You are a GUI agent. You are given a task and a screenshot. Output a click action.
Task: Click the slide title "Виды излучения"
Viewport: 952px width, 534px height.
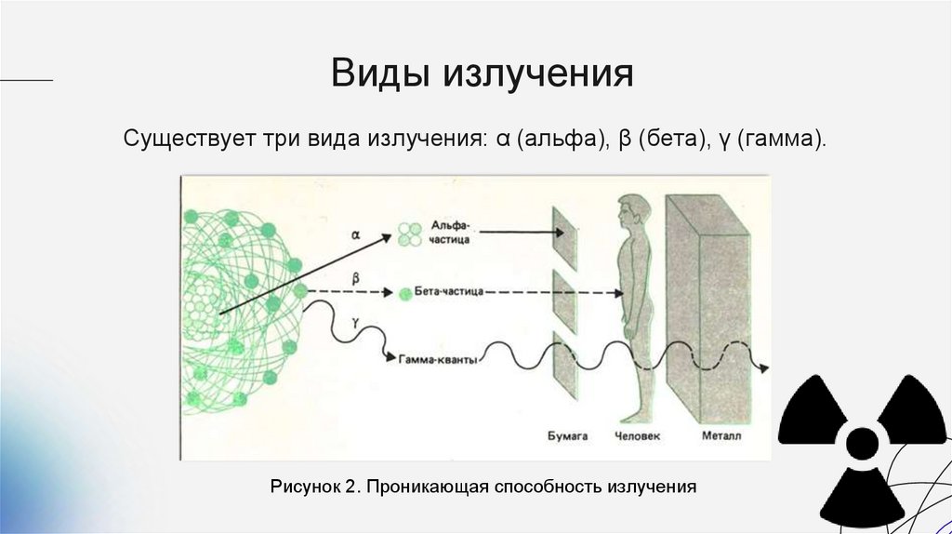point(483,73)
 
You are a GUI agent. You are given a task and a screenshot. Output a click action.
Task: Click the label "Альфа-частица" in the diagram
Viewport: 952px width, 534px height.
point(450,232)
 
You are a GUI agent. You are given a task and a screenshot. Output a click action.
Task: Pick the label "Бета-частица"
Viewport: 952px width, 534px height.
point(448,292)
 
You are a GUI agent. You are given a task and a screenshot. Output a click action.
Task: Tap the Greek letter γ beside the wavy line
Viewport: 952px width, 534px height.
point(355,319)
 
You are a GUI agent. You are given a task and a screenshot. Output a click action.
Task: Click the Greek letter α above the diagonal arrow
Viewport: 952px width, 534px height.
point(355,235)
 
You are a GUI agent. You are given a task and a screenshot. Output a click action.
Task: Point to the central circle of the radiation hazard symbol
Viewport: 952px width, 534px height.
point(864,442)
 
